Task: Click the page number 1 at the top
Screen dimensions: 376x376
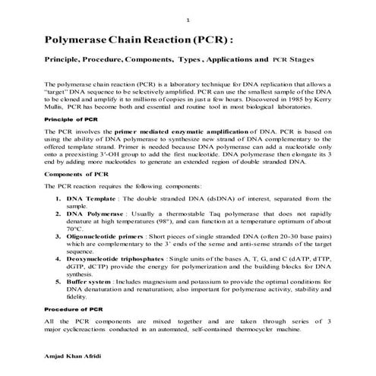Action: click(x=188, y=19)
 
